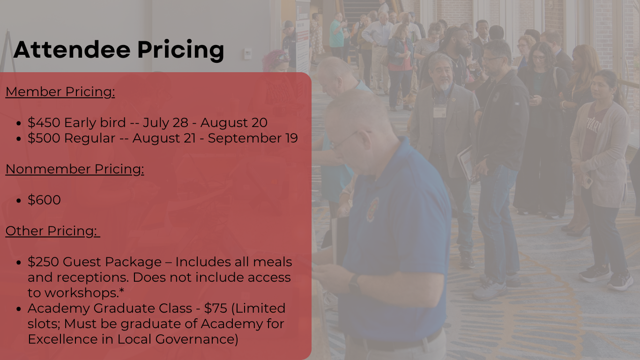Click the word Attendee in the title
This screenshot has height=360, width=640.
point(72,50)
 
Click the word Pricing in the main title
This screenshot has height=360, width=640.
point(180,51)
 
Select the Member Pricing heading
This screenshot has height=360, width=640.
point(60,92)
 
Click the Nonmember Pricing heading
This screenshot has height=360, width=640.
point(74,169)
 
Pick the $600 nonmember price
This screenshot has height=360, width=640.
point(45,200)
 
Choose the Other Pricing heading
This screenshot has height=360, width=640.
point(52,231)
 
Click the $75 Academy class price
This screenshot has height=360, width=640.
point(216,308)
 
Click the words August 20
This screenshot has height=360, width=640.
point(234,123)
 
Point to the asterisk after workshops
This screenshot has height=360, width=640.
point(122,291)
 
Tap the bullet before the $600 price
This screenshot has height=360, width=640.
point(19,201)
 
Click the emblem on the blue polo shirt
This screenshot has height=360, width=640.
point(372,210)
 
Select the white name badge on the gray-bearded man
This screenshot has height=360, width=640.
point(439,112)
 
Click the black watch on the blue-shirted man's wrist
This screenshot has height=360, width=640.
point(355,285)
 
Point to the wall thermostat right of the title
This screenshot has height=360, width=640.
point(248,54)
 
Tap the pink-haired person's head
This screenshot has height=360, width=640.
point(275,60)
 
